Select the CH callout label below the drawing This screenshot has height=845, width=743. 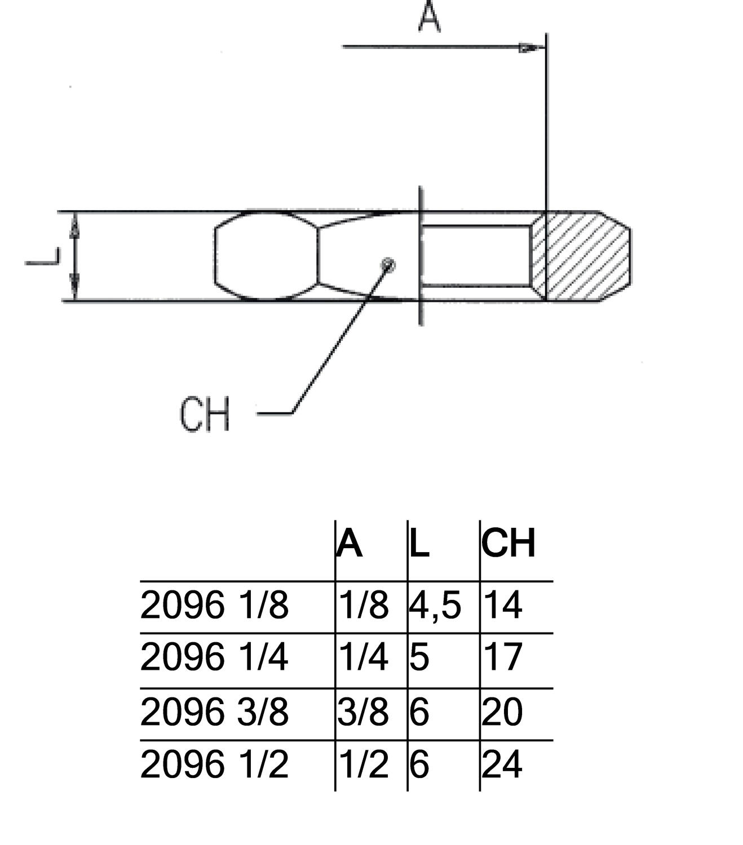[205, 415]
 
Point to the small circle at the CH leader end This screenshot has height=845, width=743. [388, 264]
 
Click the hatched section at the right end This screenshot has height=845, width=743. [586, 256]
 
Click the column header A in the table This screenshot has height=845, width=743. [350, 544]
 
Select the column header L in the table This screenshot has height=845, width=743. [419, 544]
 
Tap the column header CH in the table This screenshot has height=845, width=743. [508, 544]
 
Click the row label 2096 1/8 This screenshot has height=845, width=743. [214, 606]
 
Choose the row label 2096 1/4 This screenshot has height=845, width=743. [214, 657]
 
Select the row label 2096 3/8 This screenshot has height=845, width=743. [214, 711]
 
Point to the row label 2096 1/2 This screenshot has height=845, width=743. [214, 764]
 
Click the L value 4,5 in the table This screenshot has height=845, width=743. [435, 606]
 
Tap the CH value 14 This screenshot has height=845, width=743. [503, 606]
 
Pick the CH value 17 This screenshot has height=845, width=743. [503, 657]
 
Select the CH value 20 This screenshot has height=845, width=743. [503, 711]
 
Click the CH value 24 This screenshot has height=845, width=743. [503, 764]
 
